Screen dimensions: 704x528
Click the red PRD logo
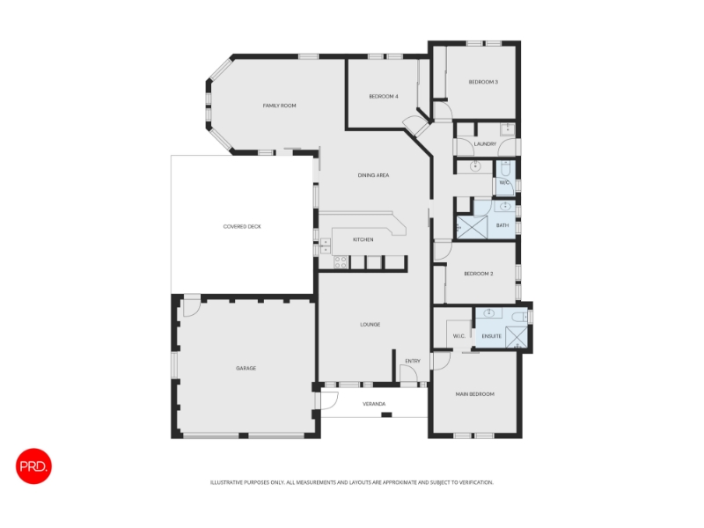[x=33, y=466]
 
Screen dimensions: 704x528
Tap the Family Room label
[x=279, y=106]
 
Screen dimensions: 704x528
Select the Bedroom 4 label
[x=384, y=96]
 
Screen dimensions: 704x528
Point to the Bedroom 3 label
[x=483, y=82]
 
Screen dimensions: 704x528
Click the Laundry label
[x=485, y=143]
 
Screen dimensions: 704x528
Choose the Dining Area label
[x=373, y=175]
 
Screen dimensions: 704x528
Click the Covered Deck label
[x=242, y=226]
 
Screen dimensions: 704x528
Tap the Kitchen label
[x=363, y=239]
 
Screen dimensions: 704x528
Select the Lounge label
[x=370, y=324]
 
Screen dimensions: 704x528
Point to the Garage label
[x=246, y=368]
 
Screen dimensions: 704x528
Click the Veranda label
[x=374, y=404]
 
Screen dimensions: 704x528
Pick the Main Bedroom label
[x=474, y=394]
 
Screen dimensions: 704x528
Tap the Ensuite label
[x=491, y=336]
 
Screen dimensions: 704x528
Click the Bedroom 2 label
[x=479, y=274]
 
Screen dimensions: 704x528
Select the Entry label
[x=413, y=361]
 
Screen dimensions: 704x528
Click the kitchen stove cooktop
[x=341, y=262]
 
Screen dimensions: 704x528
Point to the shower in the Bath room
[x=472, y=228]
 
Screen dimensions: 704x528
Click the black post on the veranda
[x=386, y=414]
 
